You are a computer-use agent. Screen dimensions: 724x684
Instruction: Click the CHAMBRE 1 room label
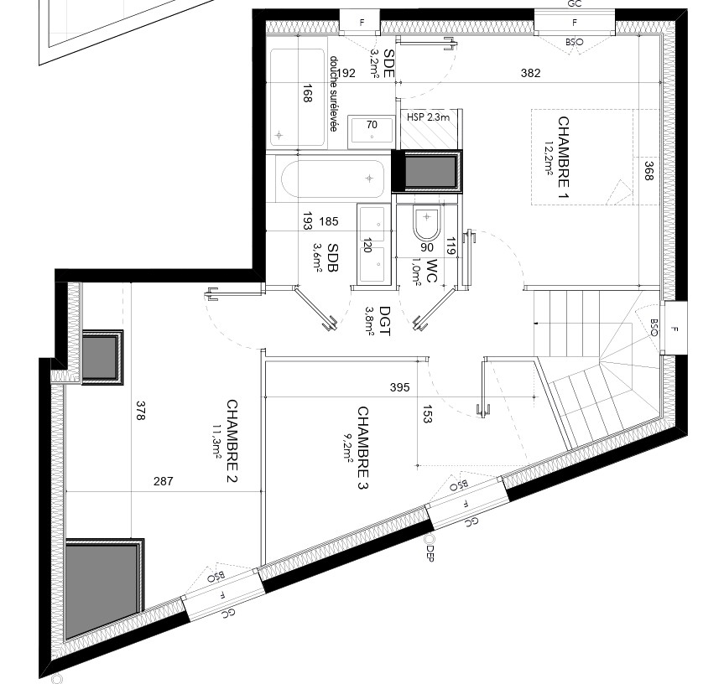click(563, 158)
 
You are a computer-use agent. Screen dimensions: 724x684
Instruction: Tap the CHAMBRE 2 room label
click(232, 441)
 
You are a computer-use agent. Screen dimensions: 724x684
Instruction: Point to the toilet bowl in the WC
click(427, 224)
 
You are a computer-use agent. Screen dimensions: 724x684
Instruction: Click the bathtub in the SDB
click(333, 179)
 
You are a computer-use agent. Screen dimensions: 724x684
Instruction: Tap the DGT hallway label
click(384, 322)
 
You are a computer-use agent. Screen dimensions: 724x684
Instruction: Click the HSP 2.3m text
click(428, 117)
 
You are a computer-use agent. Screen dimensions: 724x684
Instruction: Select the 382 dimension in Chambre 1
click(530, 73)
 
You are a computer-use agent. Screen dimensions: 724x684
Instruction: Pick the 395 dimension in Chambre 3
click(400, 387)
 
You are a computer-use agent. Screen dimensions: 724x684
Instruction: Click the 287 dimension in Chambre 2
click(164, 481)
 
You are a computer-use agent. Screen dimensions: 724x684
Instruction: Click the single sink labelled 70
click(372, 132)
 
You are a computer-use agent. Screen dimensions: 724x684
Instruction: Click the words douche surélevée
click(334, 94)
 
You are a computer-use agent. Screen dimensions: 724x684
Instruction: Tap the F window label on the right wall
click(675, 329)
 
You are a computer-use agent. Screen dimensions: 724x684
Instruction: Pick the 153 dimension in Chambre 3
click(427, 414)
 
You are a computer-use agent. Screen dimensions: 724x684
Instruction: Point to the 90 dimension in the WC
click(427, 247)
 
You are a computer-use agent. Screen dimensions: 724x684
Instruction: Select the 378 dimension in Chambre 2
click(141, 411)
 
